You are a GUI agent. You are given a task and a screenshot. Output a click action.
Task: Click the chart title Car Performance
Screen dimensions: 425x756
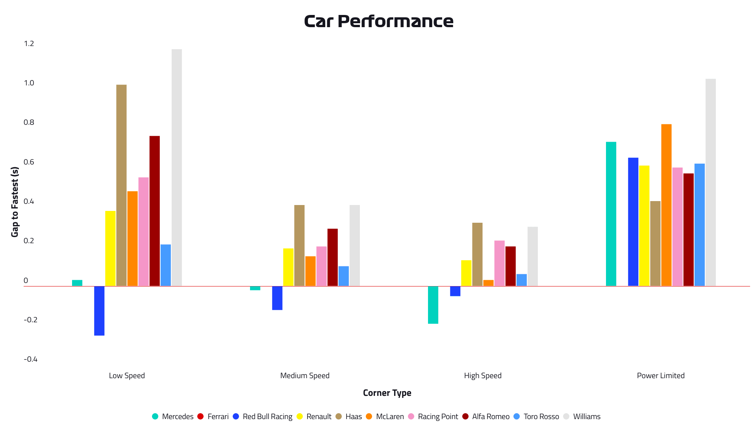(x=378, y=21)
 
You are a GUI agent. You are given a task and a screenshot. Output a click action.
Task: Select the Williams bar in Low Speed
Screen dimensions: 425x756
(x=177, y=167)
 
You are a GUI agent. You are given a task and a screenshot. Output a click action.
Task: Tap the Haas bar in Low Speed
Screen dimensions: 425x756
(x=121, y=185)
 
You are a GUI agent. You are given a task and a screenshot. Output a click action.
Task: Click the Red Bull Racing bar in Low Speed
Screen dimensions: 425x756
(x=99, y=310)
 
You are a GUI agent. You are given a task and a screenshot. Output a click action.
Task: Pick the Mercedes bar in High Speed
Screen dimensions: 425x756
(x=433, y=305)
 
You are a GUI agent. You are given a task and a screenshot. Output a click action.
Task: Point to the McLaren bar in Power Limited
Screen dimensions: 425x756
(x=666, y=205)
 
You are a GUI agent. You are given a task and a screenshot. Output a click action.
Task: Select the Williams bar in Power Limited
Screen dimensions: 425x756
(x=711, y=182)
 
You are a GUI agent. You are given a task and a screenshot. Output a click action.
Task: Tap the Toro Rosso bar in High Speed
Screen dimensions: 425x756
(x=522, y=280)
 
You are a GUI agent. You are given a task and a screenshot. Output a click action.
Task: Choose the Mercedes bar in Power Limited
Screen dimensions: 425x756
(x=611, y=214)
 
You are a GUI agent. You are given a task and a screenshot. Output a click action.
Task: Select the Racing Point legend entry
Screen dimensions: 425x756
(x=433, y=416)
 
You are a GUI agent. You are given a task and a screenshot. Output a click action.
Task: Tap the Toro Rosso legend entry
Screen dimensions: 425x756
(x=536, y=416)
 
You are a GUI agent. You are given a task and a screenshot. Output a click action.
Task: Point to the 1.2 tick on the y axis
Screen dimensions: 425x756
(x=29, y=44)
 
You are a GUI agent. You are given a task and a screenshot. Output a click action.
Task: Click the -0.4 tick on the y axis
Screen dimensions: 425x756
(x=30, y=359)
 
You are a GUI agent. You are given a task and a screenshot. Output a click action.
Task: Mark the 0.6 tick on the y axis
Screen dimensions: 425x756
(x=29, y=162)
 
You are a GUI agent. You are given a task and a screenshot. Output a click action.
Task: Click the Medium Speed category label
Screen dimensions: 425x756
(x=305, y=375)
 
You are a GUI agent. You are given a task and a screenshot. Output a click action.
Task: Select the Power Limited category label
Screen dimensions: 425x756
(x=661, y=375)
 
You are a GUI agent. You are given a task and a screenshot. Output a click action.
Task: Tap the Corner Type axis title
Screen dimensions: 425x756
(x=387, y=393)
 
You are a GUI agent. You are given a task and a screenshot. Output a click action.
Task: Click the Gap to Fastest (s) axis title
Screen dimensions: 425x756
(x=15, y=202)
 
